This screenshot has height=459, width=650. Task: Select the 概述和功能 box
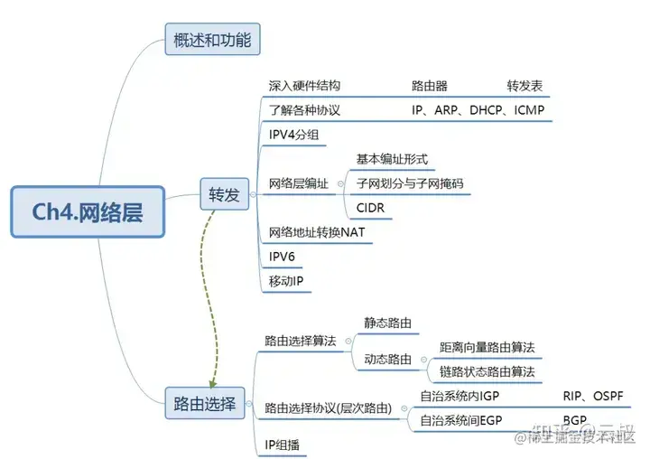[212, 40]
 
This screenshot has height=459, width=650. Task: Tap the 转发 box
[224, 193]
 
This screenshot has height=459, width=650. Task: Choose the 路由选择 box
[204, 403]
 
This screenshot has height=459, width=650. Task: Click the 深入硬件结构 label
[304, 86]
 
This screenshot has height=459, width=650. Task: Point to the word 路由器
[431, 86]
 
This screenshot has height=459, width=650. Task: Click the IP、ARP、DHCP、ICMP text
[478, 110]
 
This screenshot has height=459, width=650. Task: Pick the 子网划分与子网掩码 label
[409, 183]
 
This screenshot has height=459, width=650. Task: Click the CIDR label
[371, 208]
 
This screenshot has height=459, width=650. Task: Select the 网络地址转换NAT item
[316, 232]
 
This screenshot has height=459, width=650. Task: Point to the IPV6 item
[283, 256]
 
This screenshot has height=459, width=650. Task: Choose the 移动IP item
[286, 280]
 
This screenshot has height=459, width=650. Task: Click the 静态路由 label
[388, 323]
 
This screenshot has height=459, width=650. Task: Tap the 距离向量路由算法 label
[487, 347]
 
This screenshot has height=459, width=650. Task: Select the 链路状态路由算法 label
[487, 371]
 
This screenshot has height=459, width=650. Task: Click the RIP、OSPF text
[593, 396]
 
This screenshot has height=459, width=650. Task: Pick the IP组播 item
[283, 445]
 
